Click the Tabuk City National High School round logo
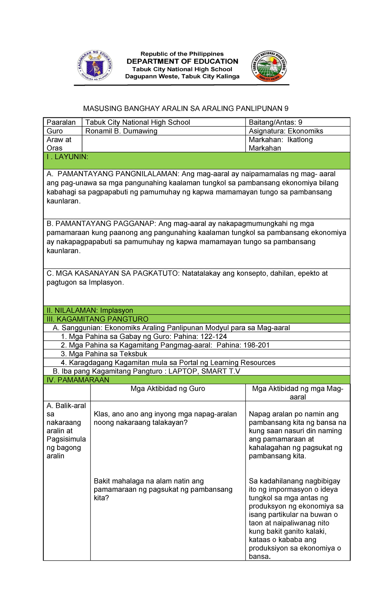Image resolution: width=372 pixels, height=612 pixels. coord(269,66)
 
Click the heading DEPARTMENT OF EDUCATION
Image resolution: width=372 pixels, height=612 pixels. coord(182,61)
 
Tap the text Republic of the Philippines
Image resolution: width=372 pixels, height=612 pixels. coord(182,54)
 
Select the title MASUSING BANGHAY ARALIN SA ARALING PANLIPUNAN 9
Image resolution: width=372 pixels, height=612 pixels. coord(186,108)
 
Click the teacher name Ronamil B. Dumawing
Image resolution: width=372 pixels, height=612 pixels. coord(122,131)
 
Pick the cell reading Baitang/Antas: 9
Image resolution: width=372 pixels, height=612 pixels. coord(276,122)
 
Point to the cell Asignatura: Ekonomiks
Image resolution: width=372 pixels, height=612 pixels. coord(286,131)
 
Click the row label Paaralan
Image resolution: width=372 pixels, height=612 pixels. coord(61,122)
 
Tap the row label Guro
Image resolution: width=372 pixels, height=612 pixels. coord(55,131)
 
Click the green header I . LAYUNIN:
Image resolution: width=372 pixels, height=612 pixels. coord(68,157)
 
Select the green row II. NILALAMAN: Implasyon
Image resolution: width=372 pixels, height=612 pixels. coord(90,310)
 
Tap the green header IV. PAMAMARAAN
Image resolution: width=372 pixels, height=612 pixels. coord(78,380)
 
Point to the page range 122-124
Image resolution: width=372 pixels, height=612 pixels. coord(214,337)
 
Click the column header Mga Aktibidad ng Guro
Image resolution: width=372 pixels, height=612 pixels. coord(168,389)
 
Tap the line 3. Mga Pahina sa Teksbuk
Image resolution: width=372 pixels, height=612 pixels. coord(104,354)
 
